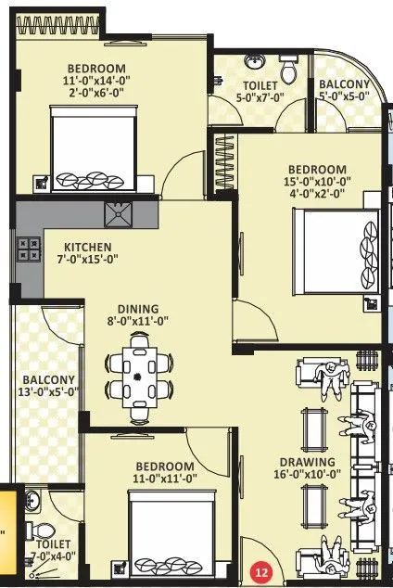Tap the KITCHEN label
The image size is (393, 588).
(87, 248)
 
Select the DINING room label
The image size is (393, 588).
(137, 309)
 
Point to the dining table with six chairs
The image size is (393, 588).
(139, 374)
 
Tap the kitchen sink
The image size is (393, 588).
(119, 215)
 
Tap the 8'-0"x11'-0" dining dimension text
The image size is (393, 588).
(138, 324)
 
